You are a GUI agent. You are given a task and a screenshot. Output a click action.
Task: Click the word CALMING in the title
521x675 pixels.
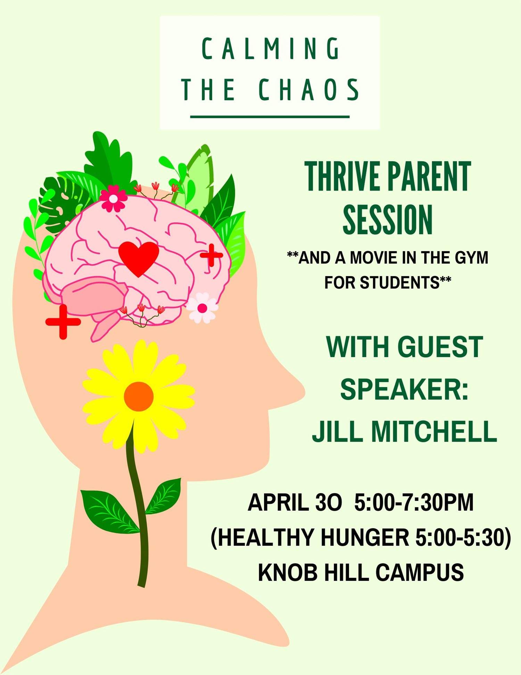pyautogui.click(x=271, y=49)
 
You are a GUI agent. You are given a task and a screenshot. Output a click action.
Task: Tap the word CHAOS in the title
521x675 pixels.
pyautogui.click(x=309, y=90)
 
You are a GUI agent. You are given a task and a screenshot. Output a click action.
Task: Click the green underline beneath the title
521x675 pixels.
pyautogui.click(x=270, y=117)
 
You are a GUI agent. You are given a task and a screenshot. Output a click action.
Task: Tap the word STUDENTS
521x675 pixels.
pyautogui.click(x=399, y=282)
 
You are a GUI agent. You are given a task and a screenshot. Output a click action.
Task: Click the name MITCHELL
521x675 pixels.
pyautogui.click(x=434, y=431)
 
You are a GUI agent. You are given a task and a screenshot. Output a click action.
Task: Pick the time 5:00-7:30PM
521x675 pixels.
pyautogui.click(x=414, y=503)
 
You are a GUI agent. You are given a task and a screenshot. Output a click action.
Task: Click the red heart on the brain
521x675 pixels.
pyautogui.click(x=139, y=257)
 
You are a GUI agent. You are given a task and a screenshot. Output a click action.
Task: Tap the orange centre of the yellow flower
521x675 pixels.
pyautogui.click(x=139, y=396)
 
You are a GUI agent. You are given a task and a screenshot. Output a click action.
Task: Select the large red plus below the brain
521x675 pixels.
pyautogui.click(x=63, y=322)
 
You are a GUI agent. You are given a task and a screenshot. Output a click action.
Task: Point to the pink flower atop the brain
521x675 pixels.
pyautogui.click(x=113, y=199)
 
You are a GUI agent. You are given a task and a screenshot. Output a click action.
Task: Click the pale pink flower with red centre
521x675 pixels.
pyautogui.click(x=202, y=308)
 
